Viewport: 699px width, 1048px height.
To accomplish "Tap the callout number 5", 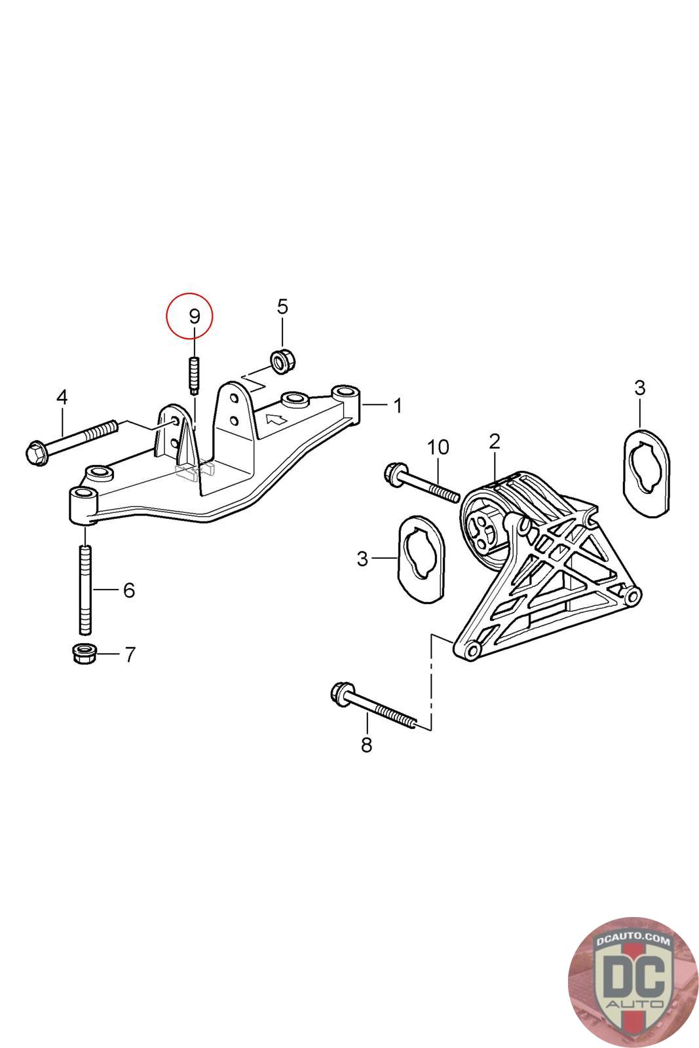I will point(282,307).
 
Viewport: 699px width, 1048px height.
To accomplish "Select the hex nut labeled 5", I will point(283,360).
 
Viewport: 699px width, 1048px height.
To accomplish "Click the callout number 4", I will point(62,398).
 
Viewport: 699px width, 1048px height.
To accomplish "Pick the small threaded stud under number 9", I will point(195,374).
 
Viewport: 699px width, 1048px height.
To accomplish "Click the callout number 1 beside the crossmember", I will point(397,405).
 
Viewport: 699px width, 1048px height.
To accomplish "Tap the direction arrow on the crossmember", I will point(276,417).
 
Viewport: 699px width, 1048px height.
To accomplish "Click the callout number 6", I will point(128,590).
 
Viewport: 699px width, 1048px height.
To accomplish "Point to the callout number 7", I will point(130,654).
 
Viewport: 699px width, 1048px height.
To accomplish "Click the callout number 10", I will point(438,447).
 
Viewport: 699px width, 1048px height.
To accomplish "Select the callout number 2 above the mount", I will point(494,441).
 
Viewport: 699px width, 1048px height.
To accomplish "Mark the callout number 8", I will point(366,745).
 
